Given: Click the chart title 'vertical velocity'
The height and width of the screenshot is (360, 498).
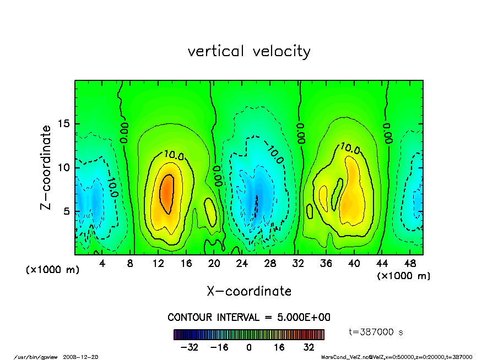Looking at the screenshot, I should click(249, 51).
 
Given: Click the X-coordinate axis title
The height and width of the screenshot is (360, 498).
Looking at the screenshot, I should click(249, 291).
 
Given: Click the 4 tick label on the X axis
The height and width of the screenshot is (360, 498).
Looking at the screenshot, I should click(102, 264).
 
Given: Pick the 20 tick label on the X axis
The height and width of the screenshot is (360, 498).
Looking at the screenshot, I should click(214, 264).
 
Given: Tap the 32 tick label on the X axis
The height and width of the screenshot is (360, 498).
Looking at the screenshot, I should click(298, 264).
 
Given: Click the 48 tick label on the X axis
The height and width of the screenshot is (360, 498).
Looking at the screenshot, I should click(409, 264).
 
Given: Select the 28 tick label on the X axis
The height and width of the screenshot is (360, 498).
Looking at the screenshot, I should click(270, 264).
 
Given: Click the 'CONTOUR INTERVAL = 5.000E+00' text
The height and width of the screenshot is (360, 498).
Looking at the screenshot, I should click(249, 318).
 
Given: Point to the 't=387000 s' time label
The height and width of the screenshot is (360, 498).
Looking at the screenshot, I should click(376, 332).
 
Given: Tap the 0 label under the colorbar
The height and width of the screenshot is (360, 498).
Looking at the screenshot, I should click(249, 347).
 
